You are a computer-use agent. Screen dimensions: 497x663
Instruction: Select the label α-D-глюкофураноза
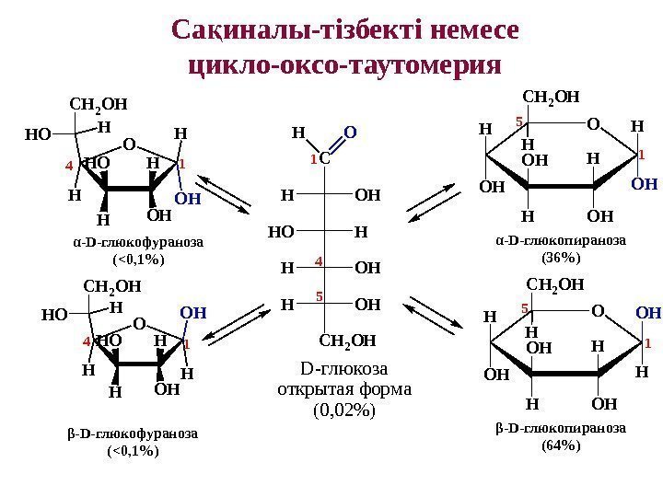tap(137, 242)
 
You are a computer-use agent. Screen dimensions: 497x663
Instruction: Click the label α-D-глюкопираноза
tap(560, 240)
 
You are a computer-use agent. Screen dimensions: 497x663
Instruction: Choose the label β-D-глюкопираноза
tap(560, 428)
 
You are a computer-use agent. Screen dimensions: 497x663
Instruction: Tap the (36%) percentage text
tap(560, 257)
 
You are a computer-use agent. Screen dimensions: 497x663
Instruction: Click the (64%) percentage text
tap(560, 445)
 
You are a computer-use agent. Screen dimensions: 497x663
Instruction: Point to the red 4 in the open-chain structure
tap(318, 262)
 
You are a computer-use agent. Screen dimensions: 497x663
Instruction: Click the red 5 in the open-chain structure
tap(318, 296)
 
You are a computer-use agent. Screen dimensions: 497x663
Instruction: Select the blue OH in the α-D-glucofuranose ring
tap(187, 197)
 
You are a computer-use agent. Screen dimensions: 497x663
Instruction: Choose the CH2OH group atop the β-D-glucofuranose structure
tap(107, 286)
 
